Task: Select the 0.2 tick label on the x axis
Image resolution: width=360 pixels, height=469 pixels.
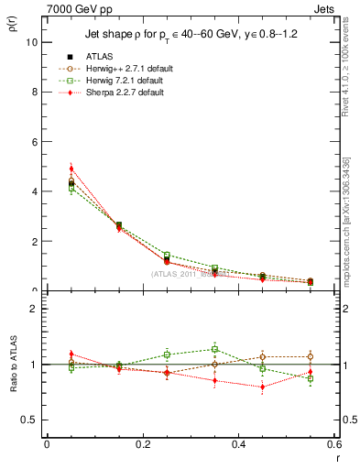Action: pyautogui.click(x=142, y=443)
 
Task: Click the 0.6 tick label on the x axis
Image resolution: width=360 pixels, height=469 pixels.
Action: pyautogui.click(x=334, y=443)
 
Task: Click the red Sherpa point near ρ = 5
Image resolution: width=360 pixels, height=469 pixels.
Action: pyautogui.click(x=71, y=169)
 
